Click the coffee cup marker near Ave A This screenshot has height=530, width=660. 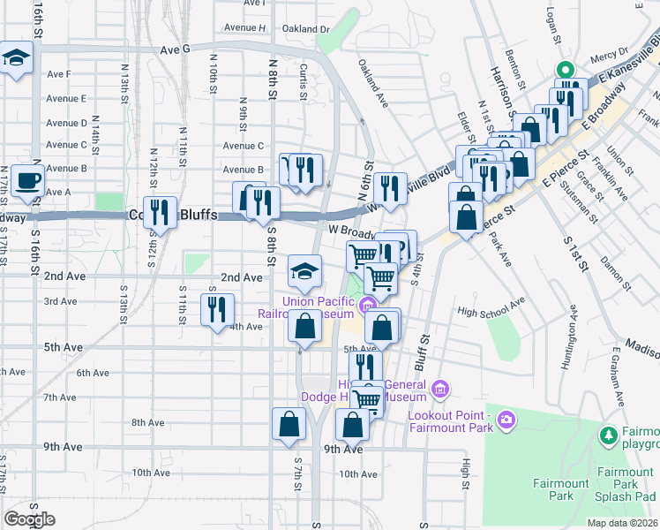tap(26, 181)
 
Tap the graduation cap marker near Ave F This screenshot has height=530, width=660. tap(15, 59)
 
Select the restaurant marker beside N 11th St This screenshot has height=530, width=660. tap(160, 212)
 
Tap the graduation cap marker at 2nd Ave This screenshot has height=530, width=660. tap(304, 271)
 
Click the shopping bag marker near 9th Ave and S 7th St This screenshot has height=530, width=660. tap(289, 424)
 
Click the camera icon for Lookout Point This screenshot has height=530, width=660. tap(506, 418)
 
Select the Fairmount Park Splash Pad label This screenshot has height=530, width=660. tap(625, 484)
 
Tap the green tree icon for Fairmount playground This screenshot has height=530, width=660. tap(607, 435)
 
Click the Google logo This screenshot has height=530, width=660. tap(29, 519)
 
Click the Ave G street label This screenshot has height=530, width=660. tap(176, 49)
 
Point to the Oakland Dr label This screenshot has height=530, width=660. tap(305, 28)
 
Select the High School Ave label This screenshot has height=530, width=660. tap(491, 311)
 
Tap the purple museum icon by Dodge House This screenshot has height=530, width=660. tap(440, 388)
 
